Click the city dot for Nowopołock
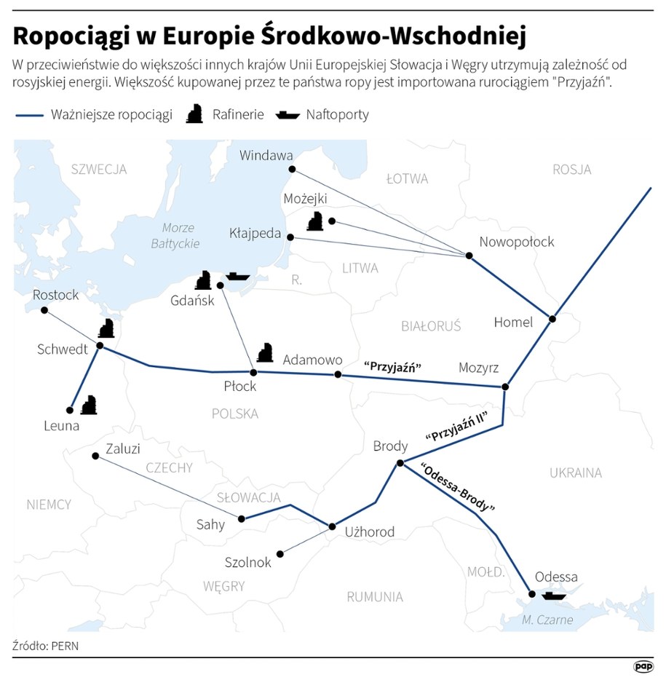tap(469, 256)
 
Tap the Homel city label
tap(513, 322)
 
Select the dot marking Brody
tap(400, 463)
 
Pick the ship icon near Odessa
tap(553, 595)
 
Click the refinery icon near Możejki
tap(315, 221)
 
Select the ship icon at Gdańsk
tap(237, 277)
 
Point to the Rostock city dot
tap(44, 310)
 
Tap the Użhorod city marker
tap(332, 526)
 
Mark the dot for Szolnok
tap(281, 554)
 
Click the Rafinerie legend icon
tap(194, 114)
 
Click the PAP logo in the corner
tap(643, 665)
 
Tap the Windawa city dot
tap(292, 169)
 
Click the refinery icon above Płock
tap(265, 352)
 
